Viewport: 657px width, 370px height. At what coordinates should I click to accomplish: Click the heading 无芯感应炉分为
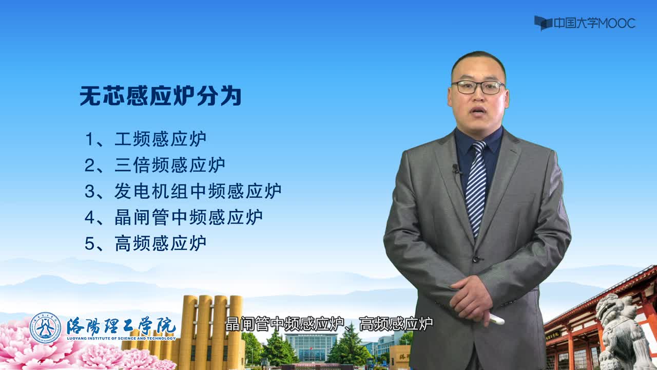pyautogui.click(x=161, y=96)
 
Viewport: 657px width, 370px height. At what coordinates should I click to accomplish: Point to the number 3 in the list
pyautogui.click(x=89, y=192)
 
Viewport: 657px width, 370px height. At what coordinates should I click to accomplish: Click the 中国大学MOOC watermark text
pyautogui.click(x=594, y=23)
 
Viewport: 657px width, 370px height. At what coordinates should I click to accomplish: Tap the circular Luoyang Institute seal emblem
pyautogui.click(x=46, y=328)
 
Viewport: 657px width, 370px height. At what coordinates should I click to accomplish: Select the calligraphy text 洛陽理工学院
pyautogui.click(x=121, y=326)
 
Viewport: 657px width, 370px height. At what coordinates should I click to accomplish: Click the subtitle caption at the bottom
pyautogui.click(x=329, y=324)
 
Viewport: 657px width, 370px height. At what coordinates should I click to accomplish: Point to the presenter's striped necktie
pyautogui.click(x=476, y=188)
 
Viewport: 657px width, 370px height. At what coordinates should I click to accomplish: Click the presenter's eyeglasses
pyautogui.click(x=478, y=87)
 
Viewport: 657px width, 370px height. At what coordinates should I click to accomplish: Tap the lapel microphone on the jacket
pyautogui.click(x=456, y=169)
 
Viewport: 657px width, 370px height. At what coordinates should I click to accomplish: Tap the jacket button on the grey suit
pyautogui.click(x=476, y=259)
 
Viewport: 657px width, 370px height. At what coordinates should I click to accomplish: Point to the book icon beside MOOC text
pyautogui.click(x=543, y=23)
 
